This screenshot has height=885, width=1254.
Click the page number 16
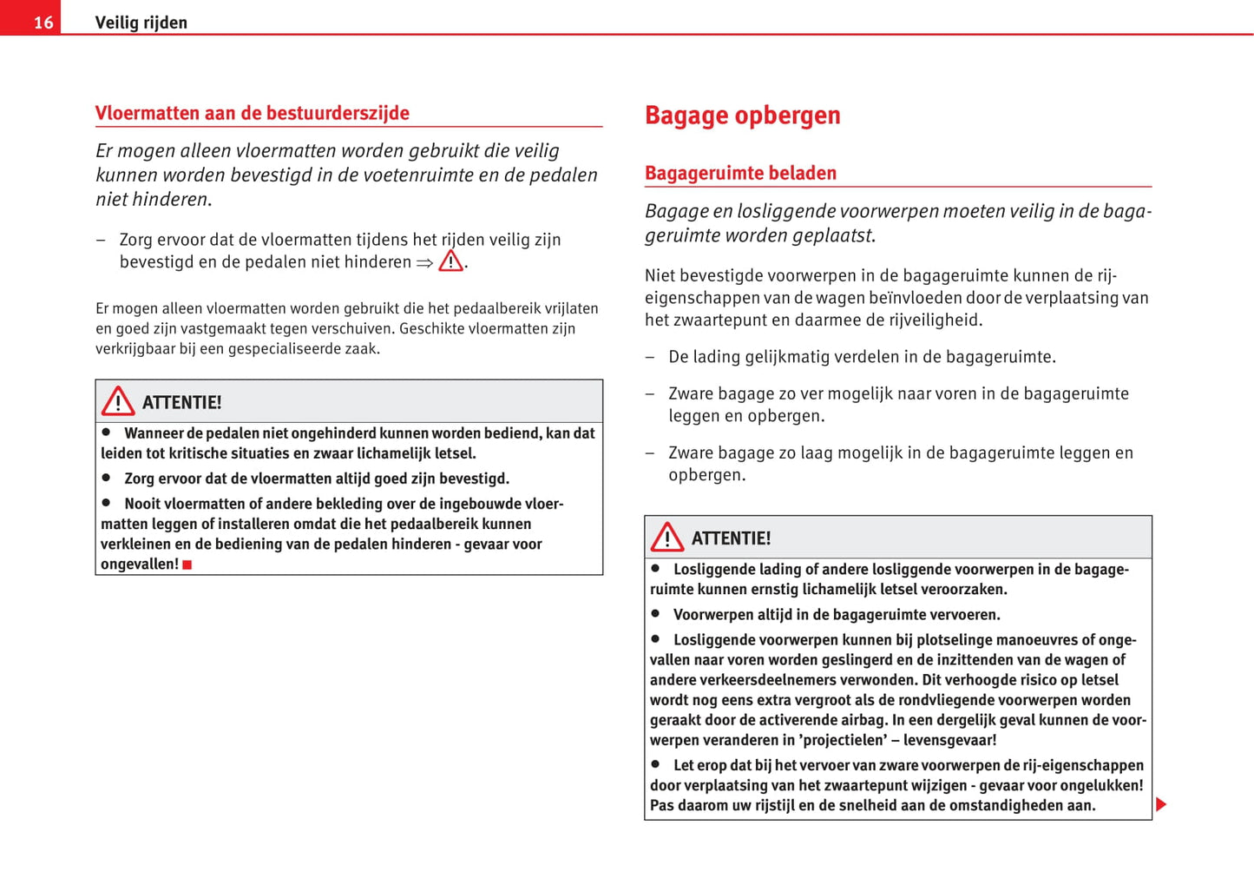[43, 23]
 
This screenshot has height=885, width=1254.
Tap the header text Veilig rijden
[141, 23]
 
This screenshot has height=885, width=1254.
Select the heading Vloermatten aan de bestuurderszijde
[252, 113]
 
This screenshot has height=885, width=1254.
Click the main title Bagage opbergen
[742, 116]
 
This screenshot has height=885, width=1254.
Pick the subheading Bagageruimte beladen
[740, 173]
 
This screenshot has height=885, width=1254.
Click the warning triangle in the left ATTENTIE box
[118, 401]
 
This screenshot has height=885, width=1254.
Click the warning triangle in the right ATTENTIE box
[667, 538]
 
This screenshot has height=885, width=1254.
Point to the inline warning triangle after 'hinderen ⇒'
[450, 261]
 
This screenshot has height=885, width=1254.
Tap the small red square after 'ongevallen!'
[187, 565]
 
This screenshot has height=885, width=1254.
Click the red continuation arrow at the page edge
[1161, 804]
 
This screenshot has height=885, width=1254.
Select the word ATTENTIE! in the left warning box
[181, 402]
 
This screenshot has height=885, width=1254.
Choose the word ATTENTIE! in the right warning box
[731, 538]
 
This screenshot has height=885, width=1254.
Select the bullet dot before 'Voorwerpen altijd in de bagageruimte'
[656, 613]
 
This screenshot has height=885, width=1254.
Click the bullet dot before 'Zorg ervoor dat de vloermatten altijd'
[107, 477]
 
